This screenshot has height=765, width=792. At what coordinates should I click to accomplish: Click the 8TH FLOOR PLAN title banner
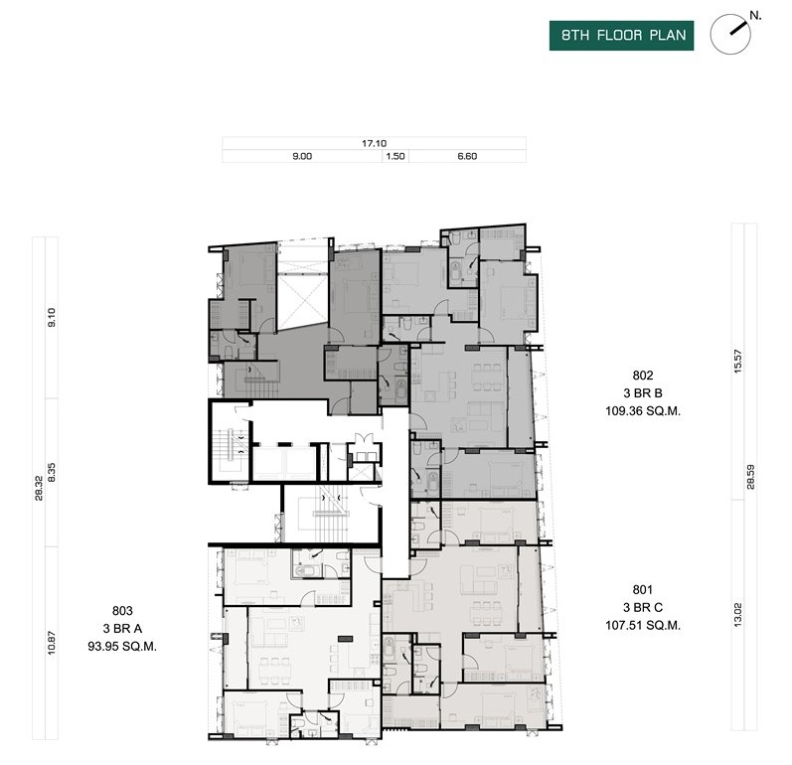[621, 36]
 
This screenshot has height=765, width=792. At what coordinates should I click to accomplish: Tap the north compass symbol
[730, 34]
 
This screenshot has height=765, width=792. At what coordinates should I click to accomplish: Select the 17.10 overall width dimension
[375, 143]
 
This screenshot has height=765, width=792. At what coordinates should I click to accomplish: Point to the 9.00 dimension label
[302, 157]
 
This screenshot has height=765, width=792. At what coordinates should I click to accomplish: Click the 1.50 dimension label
[395, 157]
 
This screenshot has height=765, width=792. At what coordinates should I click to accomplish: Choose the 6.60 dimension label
[467, 157]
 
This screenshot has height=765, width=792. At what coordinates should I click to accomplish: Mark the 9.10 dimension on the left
[52, 318]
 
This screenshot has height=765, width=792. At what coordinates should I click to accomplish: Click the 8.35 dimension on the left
[52, 473]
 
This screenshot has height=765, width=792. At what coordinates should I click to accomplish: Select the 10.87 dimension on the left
[52, 644]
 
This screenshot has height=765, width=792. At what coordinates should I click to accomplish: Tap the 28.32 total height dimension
[39, 488]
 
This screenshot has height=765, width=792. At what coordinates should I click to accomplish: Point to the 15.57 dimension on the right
[738, 362]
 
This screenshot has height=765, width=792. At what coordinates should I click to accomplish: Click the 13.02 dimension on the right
[738, 615]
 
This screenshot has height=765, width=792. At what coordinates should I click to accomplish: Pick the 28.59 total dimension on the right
[750, 477]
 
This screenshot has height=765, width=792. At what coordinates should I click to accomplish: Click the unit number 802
[643, 376]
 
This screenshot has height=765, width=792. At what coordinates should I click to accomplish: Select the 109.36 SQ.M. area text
[643, 411]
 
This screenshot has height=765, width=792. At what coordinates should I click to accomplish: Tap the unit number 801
[643, 589]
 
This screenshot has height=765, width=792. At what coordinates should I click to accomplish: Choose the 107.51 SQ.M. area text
[643, 625]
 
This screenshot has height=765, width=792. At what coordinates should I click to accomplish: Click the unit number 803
[122, 610]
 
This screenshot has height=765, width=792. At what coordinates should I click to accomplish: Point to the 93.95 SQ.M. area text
[122, 647]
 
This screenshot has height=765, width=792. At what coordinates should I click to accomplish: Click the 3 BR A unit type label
[122, 629]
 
